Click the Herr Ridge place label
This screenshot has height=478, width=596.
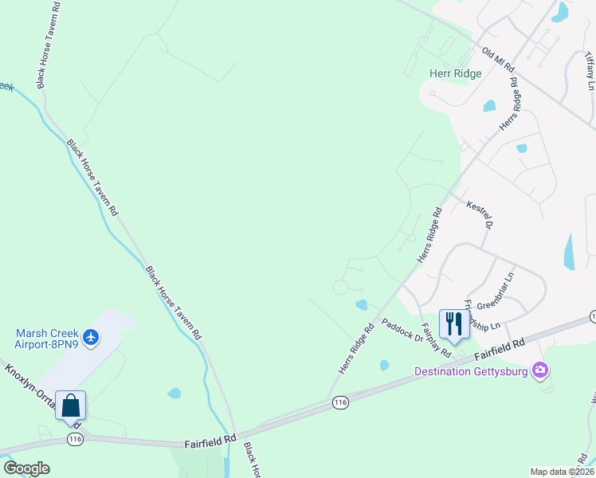(456, 73)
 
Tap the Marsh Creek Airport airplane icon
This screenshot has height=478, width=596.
(91, 338)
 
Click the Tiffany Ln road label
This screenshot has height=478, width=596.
(589, 72)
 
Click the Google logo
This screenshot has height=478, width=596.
(26, 468)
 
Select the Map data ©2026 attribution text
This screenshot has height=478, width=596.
(562, 472)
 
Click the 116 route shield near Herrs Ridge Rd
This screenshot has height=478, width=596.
(340, 404)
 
